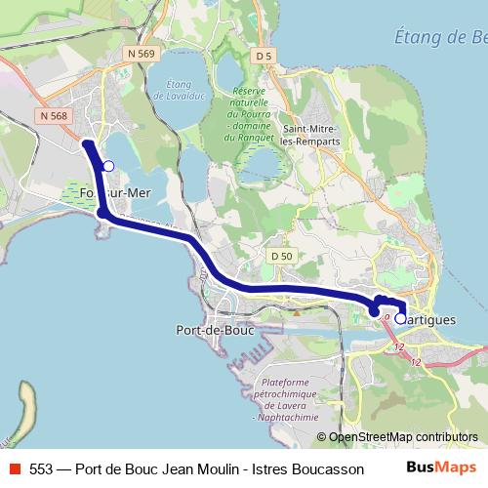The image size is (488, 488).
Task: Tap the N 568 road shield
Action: pos(54,115)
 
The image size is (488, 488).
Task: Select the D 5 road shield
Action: pos(263,58)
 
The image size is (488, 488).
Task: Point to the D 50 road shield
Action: pos(281,255)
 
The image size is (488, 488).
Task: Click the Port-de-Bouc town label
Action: pos(212,330)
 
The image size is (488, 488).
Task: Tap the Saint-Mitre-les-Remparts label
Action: pos(316,135)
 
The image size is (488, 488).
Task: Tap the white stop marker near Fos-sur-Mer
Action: pos(108,166)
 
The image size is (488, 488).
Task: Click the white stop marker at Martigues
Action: pos(400,318)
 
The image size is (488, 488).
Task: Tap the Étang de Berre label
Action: pos(444,37)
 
